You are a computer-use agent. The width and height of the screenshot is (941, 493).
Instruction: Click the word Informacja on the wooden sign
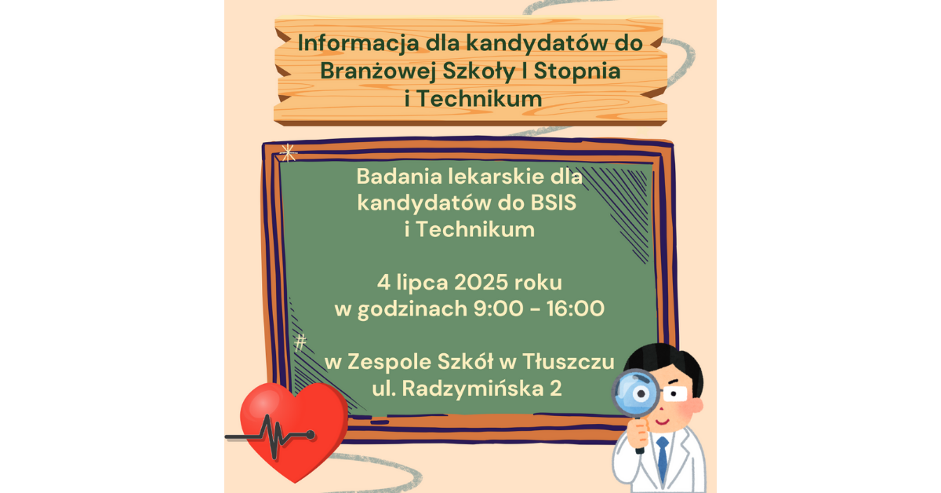coord(358,43)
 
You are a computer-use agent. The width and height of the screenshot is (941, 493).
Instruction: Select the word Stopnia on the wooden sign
coord(577,71)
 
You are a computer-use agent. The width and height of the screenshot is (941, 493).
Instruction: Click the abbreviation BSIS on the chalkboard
coord(554,203)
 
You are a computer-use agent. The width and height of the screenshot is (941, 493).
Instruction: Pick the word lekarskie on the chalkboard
coord(496,177)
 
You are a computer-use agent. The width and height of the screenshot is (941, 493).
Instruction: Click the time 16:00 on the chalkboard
coord(575,309)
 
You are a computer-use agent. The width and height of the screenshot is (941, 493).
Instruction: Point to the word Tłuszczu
coord(569,362)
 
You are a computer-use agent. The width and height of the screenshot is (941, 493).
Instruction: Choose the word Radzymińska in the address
coord(471,389)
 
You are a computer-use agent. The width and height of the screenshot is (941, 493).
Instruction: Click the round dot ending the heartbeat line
coord(311,435)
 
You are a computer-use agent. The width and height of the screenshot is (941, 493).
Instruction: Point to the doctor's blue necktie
coord(663,458)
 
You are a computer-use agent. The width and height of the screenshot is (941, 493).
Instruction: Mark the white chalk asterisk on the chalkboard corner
coord(289,153)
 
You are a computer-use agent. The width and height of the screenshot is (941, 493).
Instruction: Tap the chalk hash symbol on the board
coord(300,342)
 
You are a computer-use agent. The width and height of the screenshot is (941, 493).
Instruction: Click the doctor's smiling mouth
coord(662,421)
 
